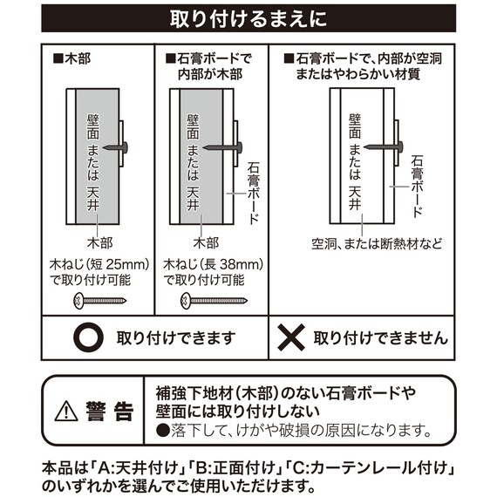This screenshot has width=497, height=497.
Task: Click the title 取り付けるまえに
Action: click(x=248, y=17)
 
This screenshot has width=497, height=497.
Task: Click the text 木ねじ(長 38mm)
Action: click(x=211, y=262)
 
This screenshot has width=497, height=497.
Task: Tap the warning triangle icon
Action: click(x=66, y=410)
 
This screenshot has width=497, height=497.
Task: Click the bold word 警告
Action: click(x=110, y=410)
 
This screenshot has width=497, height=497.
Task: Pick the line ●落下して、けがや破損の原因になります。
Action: click(x=295, y=430)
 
